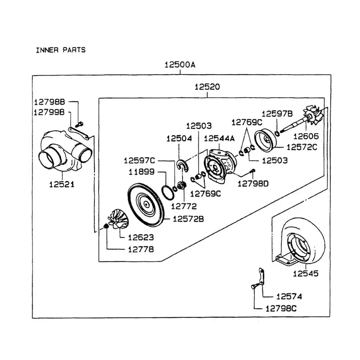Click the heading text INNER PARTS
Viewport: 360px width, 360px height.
pyautogui.click(x=60, y=50)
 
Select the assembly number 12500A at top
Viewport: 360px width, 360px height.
pyautogui.click(x=180, y=64)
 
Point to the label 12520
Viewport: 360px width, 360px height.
pyautogui.click(x=207, y=87)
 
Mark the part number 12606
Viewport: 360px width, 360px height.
pyautogui.click(x=306, y=135)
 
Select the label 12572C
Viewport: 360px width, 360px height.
pyautogui.click(x=301, y=147)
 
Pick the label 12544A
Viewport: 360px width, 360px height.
pyautogui.click(x=219, y=139)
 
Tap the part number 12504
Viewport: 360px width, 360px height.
pyautogui.click(x=179, y=139)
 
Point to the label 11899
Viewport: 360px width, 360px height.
pyautogui.click(x=142, y=171)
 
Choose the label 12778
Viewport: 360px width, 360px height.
pyautogui.click(x=139, y=248)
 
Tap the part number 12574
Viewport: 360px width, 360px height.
pyautogui.click(x=289, y=297)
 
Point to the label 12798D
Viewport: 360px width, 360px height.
pyautogui.click(x=252, y=183)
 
